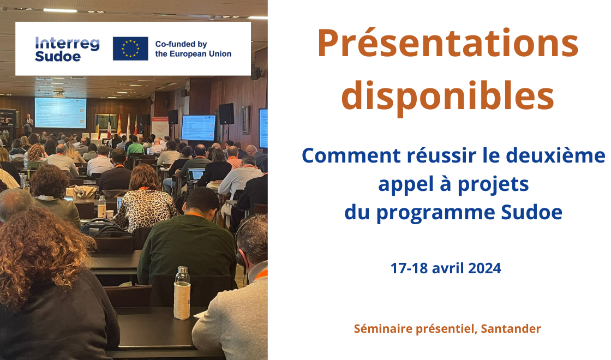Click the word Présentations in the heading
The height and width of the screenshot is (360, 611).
click(448, 44)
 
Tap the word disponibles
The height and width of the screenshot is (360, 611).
click(448, 97)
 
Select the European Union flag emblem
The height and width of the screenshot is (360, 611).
click(130, 49)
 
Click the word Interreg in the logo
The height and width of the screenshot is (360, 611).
click(67, 43)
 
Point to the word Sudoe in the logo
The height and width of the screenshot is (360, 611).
click(58, 57)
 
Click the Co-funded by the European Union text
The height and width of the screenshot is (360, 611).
click(193, 49)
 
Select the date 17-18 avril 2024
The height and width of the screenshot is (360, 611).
click(446, 268)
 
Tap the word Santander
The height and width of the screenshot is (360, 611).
click(511, 328)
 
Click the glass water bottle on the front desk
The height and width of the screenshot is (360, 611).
click(182, 292)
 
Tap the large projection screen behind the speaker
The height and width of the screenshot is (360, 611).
click(61, 112)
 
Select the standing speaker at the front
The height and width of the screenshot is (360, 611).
click(28, 124)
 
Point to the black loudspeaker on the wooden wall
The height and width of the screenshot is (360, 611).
click(226, 114)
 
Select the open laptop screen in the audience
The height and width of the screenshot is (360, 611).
click(196, 174)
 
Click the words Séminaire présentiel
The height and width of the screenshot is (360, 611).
click(415, 328)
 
